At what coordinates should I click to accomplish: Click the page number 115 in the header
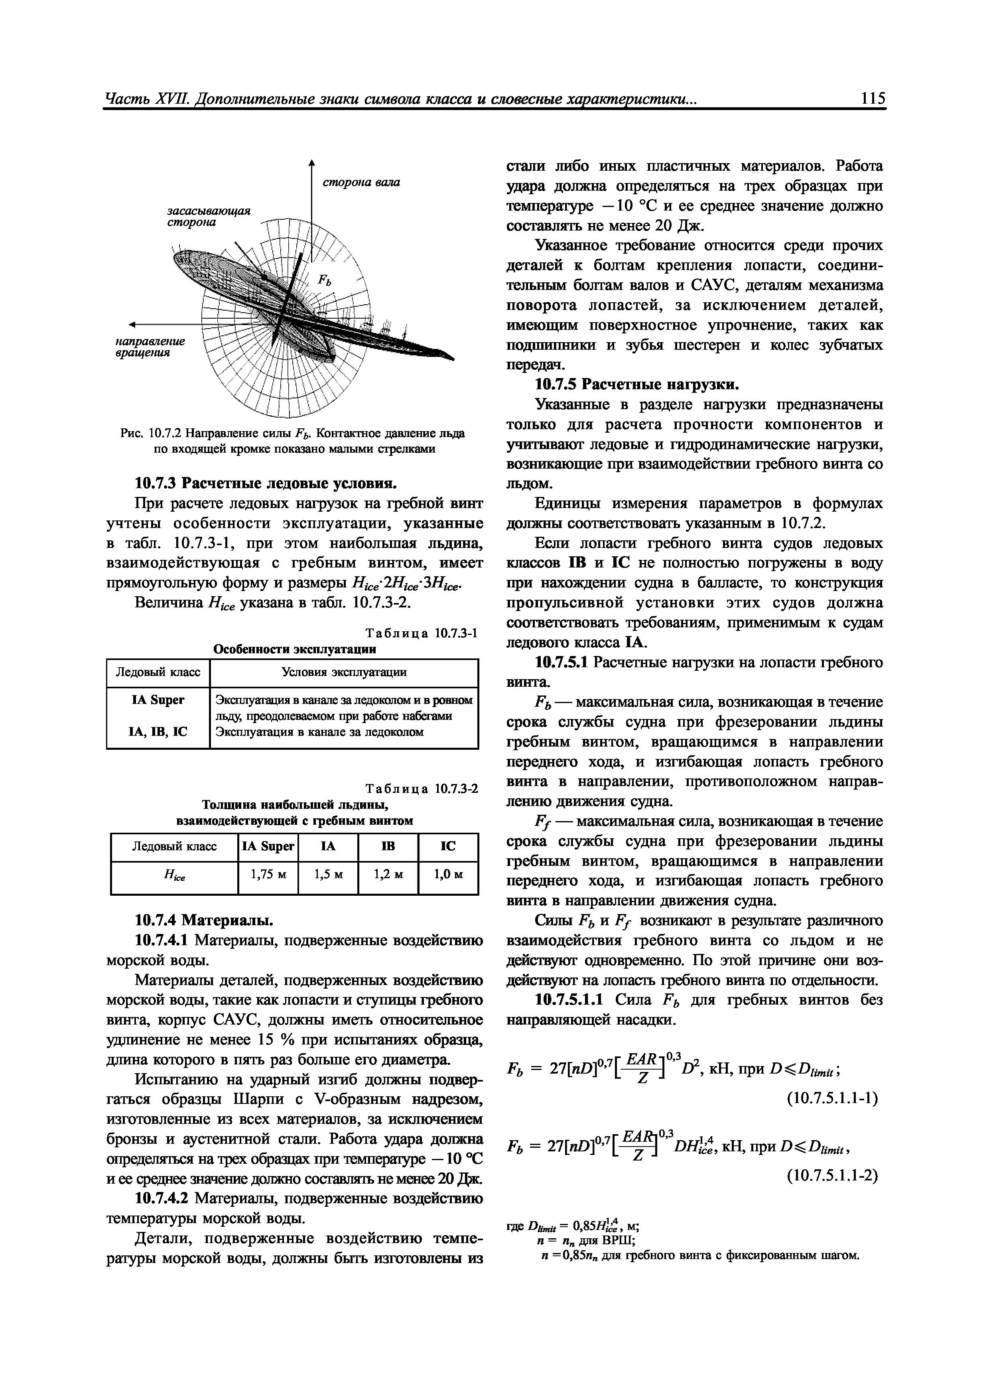tap(873, 99)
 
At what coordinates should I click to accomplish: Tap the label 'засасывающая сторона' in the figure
tap(209, 216)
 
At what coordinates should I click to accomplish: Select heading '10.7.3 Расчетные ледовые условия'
tap(266, 483)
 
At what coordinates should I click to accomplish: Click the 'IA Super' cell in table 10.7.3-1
tap(158, 700)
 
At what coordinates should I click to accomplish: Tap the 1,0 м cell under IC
tap(448, 874)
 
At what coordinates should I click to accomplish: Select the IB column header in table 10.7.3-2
tap(388, 846)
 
